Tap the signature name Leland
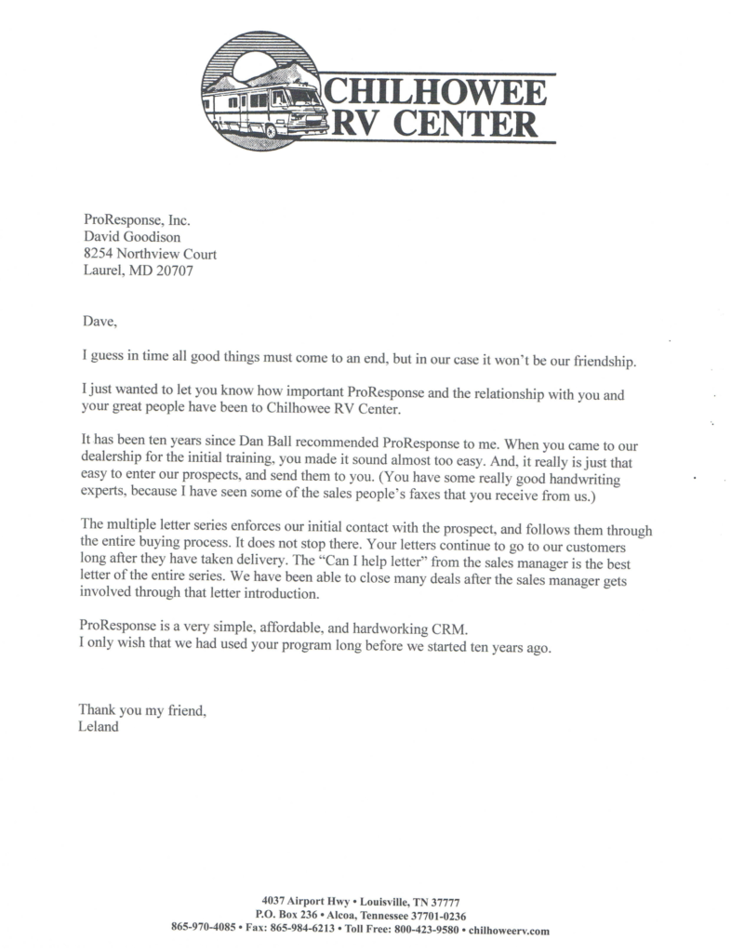tap(100, 727)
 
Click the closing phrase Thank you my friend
tap(142, 710)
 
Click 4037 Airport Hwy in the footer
tap(306, 902)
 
